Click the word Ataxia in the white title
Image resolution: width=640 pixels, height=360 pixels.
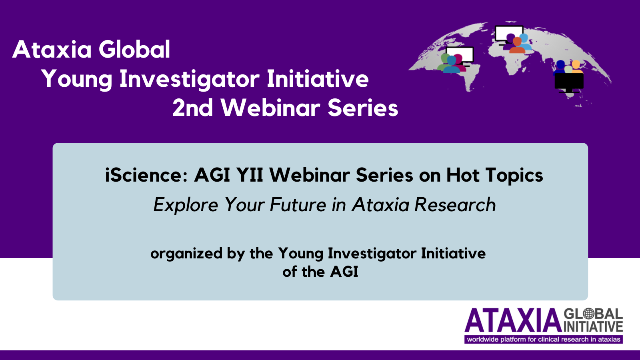52,50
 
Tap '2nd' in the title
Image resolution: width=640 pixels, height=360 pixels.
193,108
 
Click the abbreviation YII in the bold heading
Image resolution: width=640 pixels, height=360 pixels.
250,175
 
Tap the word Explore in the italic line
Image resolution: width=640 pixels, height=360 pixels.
186,205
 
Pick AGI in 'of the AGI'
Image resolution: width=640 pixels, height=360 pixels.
344,272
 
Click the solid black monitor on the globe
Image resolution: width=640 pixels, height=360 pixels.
569,83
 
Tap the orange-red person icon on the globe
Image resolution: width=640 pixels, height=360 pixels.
517,46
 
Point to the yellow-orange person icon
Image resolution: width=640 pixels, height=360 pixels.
576,67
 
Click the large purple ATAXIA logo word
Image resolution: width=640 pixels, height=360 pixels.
513,320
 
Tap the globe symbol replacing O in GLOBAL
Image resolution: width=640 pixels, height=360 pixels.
589,314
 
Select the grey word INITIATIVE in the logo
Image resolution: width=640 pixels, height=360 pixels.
594,326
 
